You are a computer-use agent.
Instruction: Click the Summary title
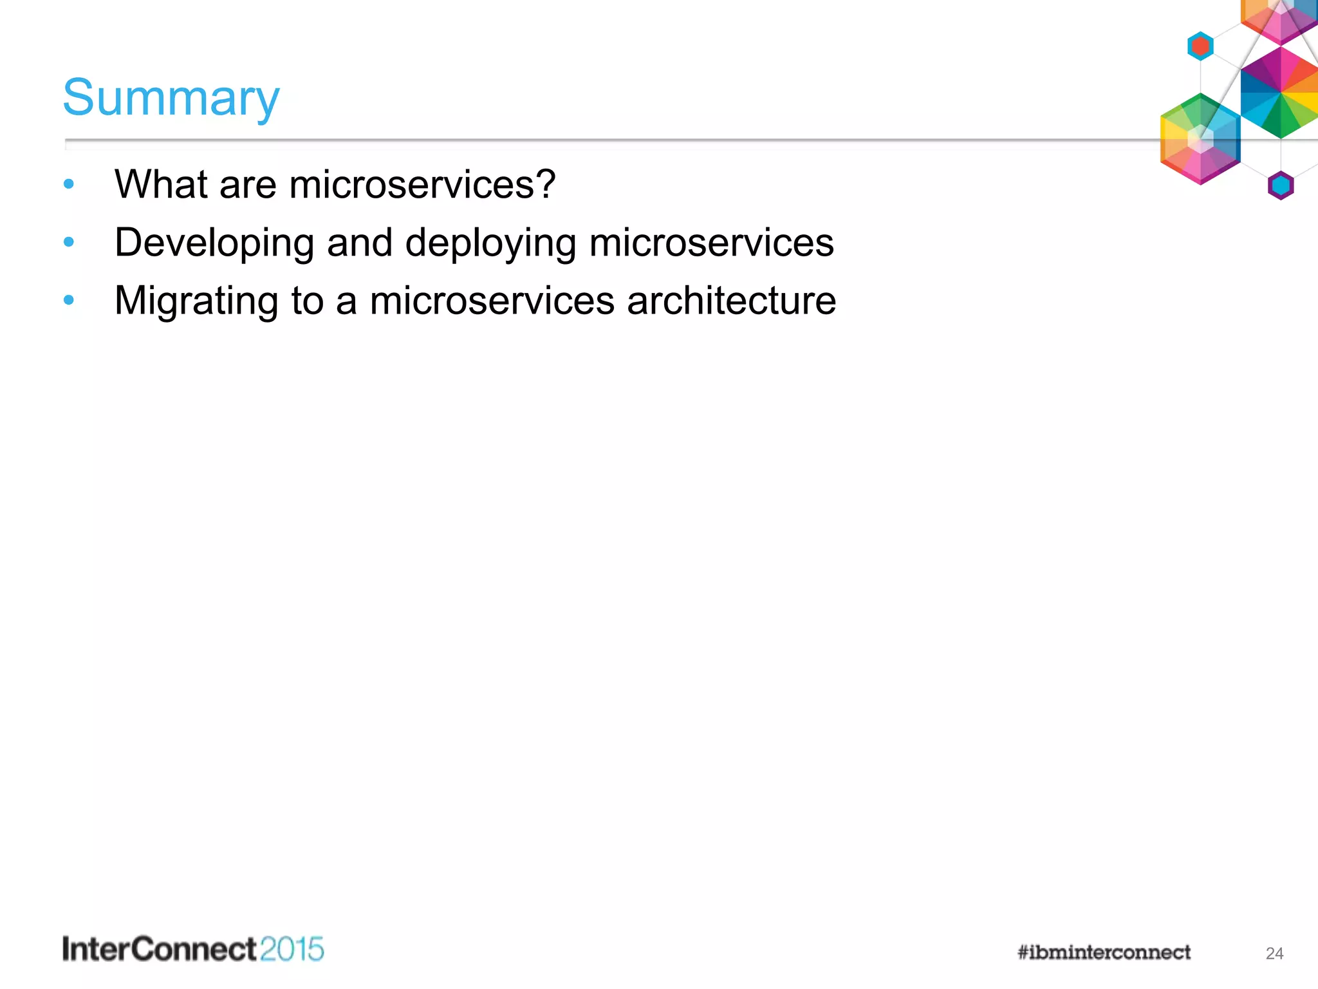click(x=171, y=98)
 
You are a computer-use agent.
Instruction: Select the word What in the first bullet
click(x=161, y=184)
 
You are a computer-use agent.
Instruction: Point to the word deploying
click(x=490, y=243)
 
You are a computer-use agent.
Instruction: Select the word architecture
click(x=731, y=301)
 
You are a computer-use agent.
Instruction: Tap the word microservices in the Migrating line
click(x=492, y=301)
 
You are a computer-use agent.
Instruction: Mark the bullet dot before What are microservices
click(x=69, y=185)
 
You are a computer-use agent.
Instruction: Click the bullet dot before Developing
click(x=69, y=243)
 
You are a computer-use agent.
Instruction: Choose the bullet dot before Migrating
click(x=69, y=300)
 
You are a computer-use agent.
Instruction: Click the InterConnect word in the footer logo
click(x=160, y=950)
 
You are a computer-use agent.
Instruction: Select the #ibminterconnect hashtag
click(x=1104, y=952)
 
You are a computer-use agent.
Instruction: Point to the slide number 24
click(x=1274, y=954)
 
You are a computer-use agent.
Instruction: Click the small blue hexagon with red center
click(x=1200, y=46)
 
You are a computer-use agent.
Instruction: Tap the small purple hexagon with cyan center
click(x=1281, y=186)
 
